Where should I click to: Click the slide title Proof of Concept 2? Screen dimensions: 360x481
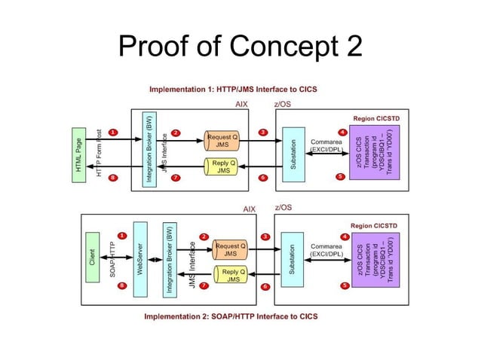pos(240,47)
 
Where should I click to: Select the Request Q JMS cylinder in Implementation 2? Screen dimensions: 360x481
pos(231,249)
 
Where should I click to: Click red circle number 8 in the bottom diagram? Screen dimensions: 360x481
pos(122,285)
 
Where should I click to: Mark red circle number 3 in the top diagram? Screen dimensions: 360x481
pos(262,133)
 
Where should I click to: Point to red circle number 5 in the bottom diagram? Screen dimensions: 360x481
pos(345,285)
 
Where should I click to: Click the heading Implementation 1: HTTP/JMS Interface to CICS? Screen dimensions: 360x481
pos(233,89)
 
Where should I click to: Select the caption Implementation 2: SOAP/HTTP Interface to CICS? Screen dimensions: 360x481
pos(231,316)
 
